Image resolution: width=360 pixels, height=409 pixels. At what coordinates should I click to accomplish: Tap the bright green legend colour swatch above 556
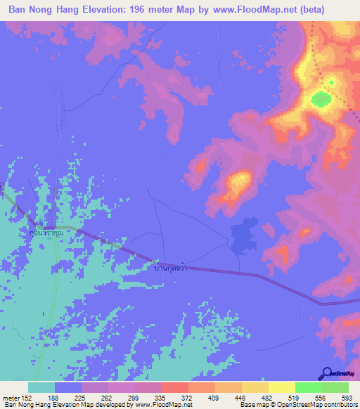point(308,387)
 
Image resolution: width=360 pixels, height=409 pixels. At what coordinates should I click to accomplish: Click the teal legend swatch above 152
point(41,387)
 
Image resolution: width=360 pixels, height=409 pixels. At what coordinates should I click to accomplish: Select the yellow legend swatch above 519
point(281,387)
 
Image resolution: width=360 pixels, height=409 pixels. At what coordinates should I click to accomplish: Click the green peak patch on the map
point(321,99)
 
